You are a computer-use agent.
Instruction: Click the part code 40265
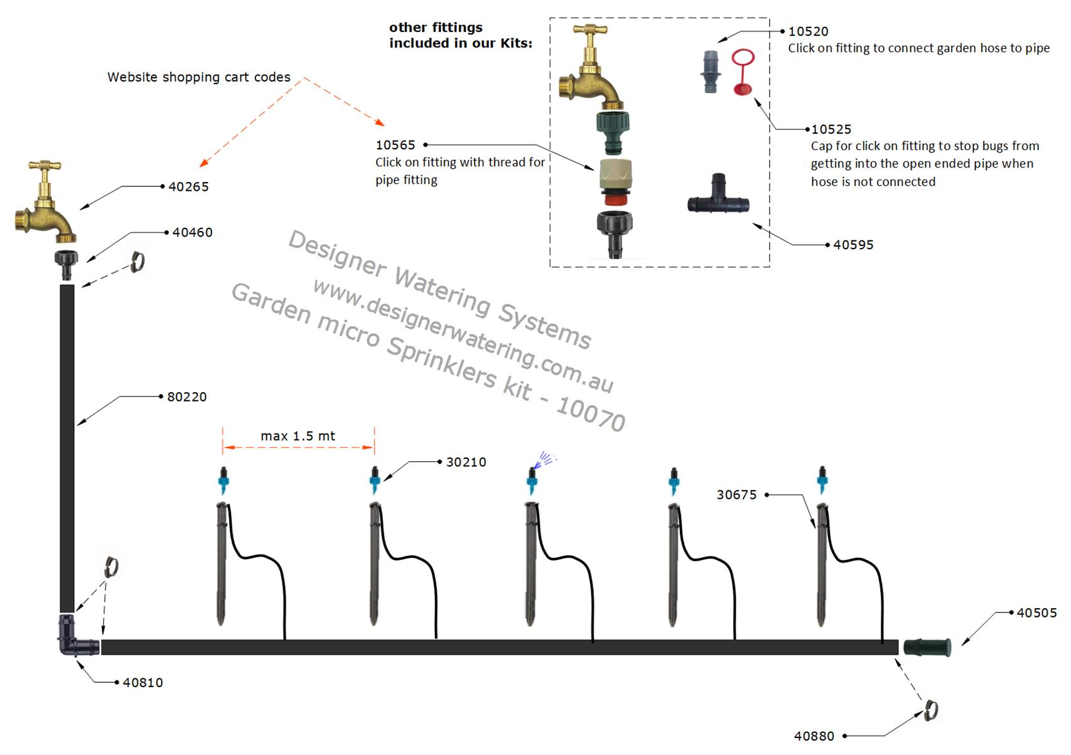pos(188,187)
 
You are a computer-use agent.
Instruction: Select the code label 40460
pos(192,233)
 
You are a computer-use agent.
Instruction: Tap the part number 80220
pos(186,397)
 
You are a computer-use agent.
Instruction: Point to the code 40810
pos(143,683)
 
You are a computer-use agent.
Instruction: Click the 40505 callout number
pos(1036,613)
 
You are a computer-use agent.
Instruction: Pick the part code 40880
pos(814,736)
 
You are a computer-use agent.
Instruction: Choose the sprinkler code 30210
pos(466,463)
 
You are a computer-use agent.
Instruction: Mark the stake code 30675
pos(736,495)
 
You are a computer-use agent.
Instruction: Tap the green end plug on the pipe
pos(927,647)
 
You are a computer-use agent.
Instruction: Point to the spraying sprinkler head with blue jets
pos(533,480)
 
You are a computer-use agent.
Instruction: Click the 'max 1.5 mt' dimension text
pos(298,436)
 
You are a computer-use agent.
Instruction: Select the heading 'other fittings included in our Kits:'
pos(460,36)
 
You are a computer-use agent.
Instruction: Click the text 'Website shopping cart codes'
pos(198,77)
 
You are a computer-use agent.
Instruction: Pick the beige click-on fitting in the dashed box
pos(615,178)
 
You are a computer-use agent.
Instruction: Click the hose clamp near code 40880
pos(930,711)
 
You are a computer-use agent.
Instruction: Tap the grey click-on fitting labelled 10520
pos(711,71)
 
